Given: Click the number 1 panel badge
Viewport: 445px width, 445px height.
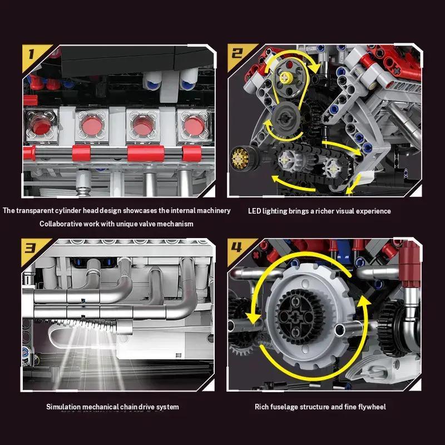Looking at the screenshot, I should tap(31, 55).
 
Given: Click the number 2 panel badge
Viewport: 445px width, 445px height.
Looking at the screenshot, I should tap(238, 54).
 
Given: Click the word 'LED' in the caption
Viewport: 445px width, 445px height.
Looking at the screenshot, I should tap(254, 211).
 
